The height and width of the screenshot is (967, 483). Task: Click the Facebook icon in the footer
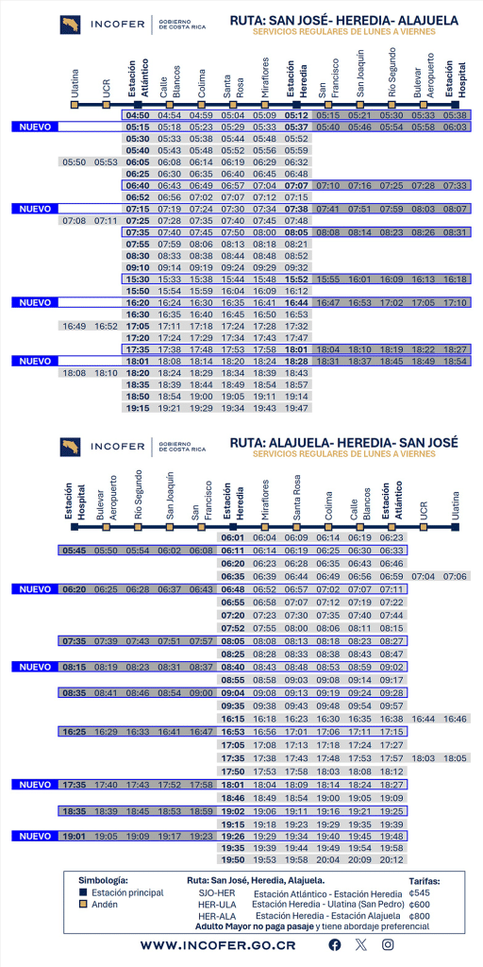334,945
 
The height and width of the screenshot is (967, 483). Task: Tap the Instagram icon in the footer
388,945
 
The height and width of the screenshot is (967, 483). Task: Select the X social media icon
360,945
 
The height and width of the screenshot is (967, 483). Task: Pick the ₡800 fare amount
420,915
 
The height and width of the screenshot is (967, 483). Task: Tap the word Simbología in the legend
104,880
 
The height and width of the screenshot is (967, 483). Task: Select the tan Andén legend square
84,904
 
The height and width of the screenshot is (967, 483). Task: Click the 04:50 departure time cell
138,115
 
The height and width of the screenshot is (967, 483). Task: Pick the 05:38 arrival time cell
456,115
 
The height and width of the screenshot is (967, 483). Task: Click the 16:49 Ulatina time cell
75,326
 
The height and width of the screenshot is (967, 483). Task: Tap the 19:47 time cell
296,408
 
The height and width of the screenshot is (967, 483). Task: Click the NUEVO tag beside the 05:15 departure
35,127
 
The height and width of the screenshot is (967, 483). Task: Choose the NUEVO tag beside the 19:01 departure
35,836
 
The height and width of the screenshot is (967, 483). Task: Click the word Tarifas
424,880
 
